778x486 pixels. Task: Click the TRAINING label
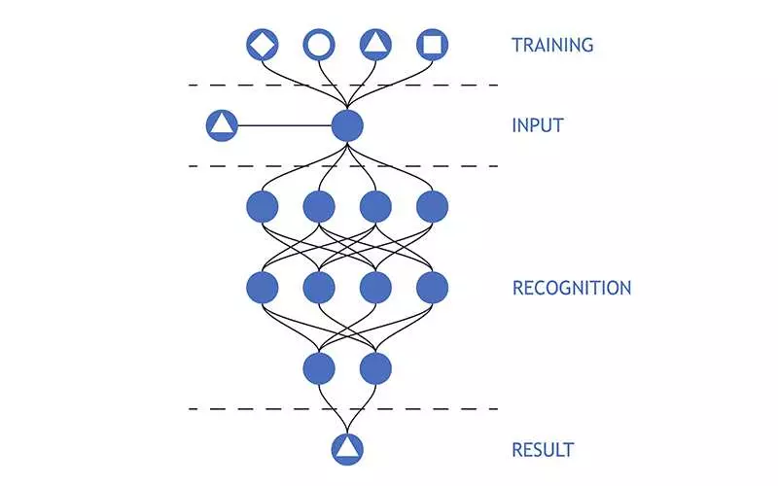(x=551, y=45)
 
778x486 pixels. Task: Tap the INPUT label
(x=537, y=125)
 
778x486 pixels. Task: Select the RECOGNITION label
(x=571, y=288)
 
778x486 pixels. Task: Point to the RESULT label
(x=542, y=450)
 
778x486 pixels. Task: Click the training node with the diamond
(x=263, y=45)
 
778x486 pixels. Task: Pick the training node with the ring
(x=319, y=45)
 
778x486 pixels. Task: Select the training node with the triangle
(x=375, y=45)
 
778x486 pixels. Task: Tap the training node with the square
(x=432, y=45)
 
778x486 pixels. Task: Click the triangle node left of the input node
(x=222, y=125)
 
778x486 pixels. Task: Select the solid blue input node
(x=347, y=125)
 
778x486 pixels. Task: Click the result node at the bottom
(x=347, y=447)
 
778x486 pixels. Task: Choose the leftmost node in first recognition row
(x=263, y=206)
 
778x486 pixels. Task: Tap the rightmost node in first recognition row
(x=432, y=206)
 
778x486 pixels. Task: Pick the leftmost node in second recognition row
(x=263, y=287)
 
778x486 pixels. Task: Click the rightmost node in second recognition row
(x=432, y=287)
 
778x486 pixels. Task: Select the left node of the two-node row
(x=319, y=367)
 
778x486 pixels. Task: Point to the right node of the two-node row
(x=375, y=367)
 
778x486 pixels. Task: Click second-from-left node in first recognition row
(x=319, y=206)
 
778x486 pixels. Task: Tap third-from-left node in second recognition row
(x=375, y=287)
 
